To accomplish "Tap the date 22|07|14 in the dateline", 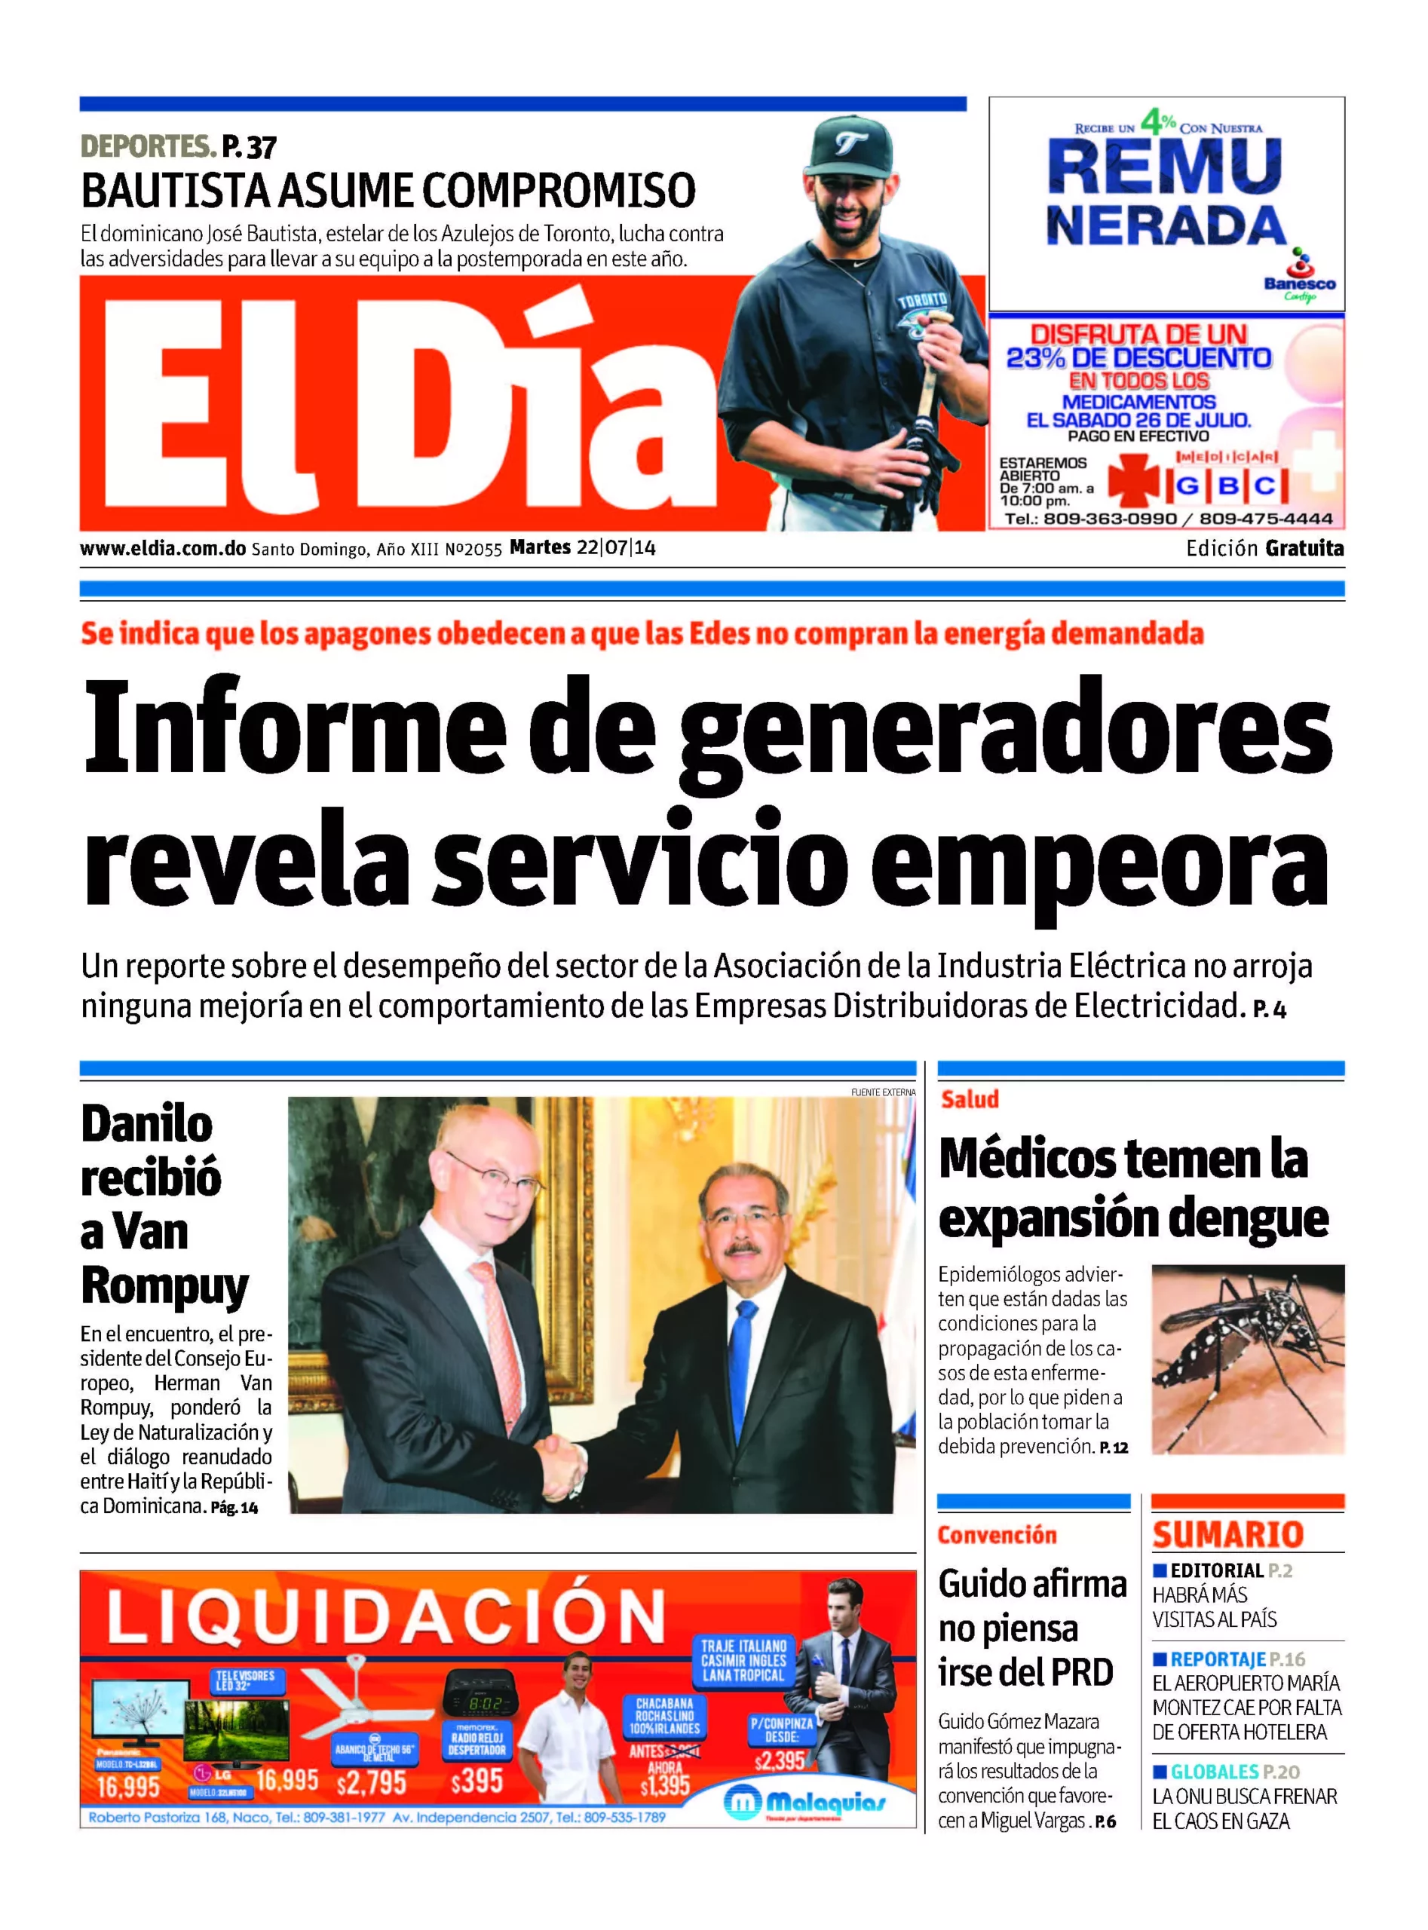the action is point(615,547).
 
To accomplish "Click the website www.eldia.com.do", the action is point(163,548).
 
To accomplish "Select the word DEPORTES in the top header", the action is point(147,146).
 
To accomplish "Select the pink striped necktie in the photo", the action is point(502,1331).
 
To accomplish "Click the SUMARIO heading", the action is point(1227,1534).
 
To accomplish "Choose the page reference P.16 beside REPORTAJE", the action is point(1286,1659).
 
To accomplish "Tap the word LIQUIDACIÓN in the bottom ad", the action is point(385,1616).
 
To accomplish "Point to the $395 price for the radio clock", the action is point(477,1781).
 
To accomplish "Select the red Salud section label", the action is point(969,1099).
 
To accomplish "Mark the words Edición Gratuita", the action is point(1264,548).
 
